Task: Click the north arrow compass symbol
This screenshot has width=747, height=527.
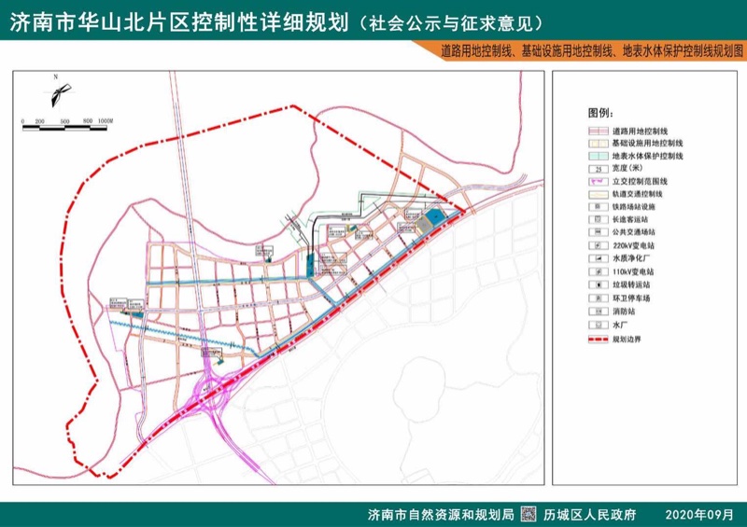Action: coord(57,93)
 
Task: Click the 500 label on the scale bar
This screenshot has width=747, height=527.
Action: coord(64,121)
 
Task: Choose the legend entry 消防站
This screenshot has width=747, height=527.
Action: coord(624,311)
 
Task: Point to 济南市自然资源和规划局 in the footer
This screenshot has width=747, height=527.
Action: coord(441,515)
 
